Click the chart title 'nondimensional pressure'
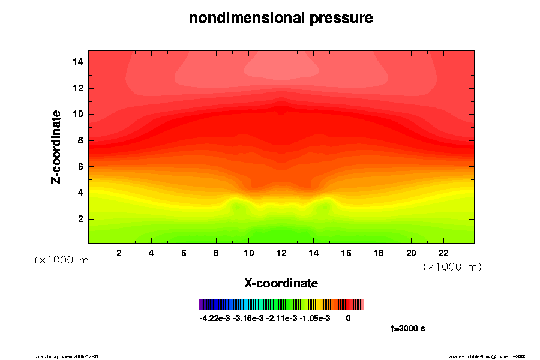[281, 18]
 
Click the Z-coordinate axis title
[56, 146]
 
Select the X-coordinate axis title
[281, 283]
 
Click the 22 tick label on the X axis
[444, 253]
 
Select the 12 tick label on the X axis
[281, 253]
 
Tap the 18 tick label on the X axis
[379, 253]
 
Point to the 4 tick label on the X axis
[151, 253]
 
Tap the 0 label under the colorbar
[348, 318]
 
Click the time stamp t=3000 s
[408, 328]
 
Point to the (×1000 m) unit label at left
[64, 260]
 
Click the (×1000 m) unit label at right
[452, 266]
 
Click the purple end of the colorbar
[201, 305]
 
